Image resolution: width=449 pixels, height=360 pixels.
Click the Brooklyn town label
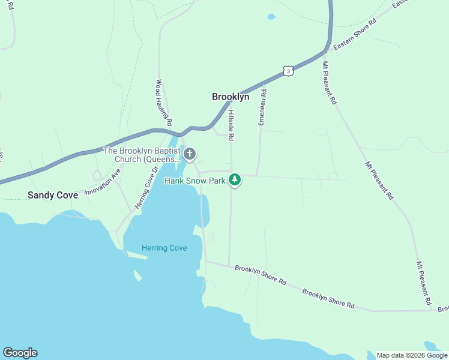click(x=231, y=97)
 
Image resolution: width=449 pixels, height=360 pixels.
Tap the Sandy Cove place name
click(x=53, y=195)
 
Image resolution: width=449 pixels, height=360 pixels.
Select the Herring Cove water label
click(x=164, y=248)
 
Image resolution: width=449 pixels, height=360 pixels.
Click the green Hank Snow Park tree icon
click(x=235, y=179)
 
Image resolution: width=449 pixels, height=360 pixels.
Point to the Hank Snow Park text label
click(x=194, y=180)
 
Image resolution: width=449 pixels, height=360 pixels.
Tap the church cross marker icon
click(x=190, y=155)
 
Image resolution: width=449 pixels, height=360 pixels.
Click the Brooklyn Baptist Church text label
click(x=142, y=155)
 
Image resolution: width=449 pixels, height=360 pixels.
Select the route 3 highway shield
click(x=289, y=71)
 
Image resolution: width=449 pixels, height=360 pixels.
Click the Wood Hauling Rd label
click(x=164, y=103)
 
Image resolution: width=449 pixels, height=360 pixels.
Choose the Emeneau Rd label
click(x=262, y=107)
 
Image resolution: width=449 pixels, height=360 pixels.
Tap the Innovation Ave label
click(x=103, y=181)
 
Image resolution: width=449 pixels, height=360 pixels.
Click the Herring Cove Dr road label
click(x=145, y=188)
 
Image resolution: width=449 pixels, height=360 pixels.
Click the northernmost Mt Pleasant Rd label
click(x=330, y=83)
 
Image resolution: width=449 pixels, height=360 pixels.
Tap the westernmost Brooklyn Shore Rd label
click(x=261, y=275)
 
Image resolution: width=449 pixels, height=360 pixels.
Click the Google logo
click(x=20, y=353)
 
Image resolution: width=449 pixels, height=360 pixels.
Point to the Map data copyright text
click(x=411, y=355)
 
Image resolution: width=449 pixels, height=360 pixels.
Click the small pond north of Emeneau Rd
click(x=271, y=17)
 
